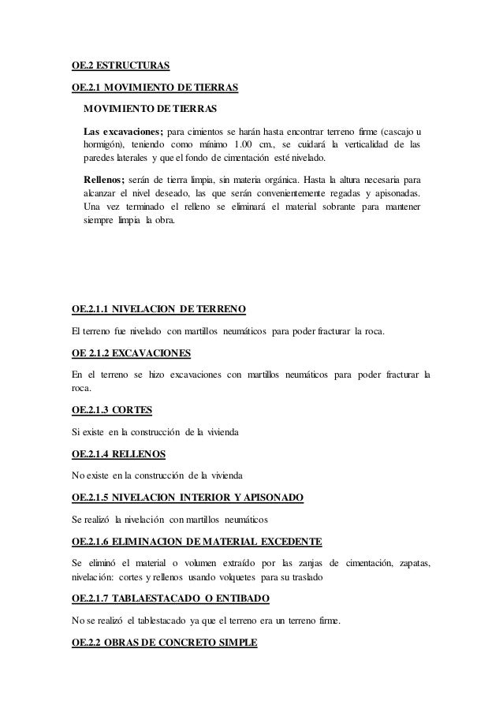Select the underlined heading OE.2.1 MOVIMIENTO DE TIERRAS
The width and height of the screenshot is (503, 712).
coord(155,87)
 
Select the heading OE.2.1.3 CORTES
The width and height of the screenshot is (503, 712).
coord(111,410)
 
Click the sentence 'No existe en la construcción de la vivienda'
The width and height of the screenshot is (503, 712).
coord(158,476)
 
